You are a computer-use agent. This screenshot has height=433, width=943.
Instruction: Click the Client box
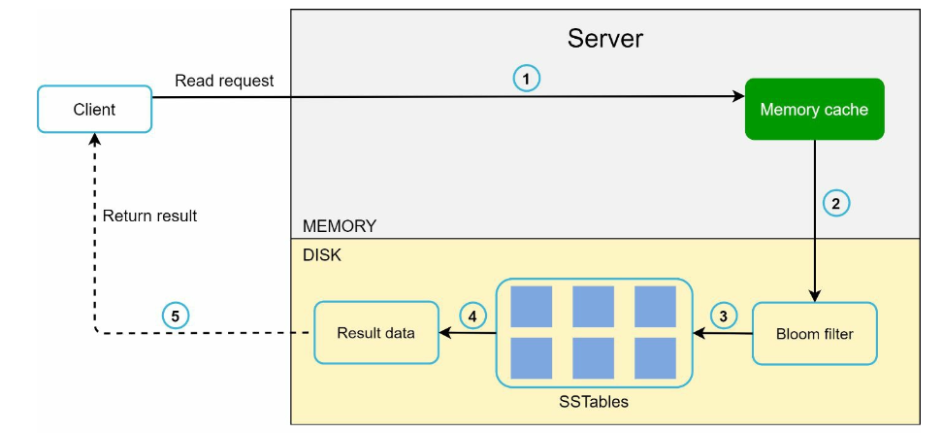(94, 109)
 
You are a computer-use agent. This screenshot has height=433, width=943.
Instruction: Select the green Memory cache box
(814, 109)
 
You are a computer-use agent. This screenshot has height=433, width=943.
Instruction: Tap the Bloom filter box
(814, 333)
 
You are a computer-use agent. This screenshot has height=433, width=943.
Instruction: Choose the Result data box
(375, 332)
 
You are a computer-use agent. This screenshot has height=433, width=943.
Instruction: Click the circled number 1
(526, 79)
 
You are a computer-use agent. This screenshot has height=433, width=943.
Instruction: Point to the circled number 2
(835, 203)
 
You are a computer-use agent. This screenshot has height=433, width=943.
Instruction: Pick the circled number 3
(724, 316)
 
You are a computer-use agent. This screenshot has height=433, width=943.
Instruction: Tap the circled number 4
(473, 316)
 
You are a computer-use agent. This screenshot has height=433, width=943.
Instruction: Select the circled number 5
(176, 316)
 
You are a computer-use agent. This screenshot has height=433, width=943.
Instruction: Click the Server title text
(605, 39)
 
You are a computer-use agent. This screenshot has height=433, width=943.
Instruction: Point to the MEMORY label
(340, 226)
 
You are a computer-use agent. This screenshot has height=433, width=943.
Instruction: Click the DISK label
(322, 255)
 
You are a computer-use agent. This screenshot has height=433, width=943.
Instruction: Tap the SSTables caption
(594, 402)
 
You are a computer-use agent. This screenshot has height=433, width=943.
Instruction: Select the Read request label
(224, 81)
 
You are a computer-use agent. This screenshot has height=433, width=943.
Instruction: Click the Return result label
(149, 216)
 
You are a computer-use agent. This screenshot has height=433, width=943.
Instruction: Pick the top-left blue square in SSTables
(531, 307)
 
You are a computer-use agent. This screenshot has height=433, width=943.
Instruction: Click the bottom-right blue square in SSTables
(655, 358)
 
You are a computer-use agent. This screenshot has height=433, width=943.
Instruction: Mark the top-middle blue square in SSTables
(593, 307)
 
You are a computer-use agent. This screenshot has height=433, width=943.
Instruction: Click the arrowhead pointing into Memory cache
(738, 96)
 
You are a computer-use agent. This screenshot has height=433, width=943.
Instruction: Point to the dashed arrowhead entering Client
(94, 140)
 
